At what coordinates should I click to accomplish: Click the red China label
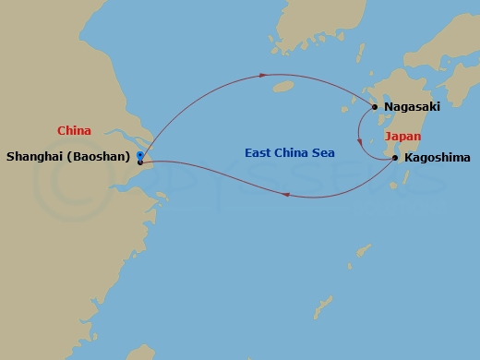[74, 131]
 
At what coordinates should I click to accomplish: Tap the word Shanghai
[35, 157]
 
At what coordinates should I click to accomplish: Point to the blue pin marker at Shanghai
[139, 154]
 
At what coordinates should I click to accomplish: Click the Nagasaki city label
[412, 107]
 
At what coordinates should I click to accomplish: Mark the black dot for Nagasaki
[375, 107]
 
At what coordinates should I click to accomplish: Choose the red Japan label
[402, 137]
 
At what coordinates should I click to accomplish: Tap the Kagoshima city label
[438, 158]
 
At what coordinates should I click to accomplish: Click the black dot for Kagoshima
[395, 158]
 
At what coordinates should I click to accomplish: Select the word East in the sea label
[259, 153]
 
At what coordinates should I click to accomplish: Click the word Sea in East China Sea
[323, 153]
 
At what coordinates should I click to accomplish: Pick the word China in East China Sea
[294, 153]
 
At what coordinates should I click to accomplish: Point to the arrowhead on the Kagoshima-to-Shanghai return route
[287, 194]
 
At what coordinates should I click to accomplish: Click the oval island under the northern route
[284, 88]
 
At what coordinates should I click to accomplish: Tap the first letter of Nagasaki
[388, 107]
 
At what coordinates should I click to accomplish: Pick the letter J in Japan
[387, 137]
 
